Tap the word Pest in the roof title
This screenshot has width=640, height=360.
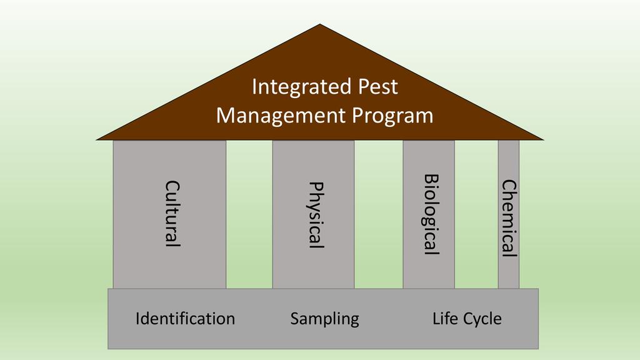[x=378, y=86]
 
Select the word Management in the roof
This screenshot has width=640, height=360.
[x=281, y=116]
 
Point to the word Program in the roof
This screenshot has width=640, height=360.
[x=392, y=116]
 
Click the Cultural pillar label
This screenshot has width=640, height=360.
[x=172, y=214]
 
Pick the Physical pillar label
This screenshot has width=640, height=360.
[x=316, y=215]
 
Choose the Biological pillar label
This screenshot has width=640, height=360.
[x=431, y=215]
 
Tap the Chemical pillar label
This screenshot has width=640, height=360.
[x=509, y=218]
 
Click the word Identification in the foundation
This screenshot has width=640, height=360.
[x=185, y=319]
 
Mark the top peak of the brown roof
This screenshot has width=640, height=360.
[x=320, y=24]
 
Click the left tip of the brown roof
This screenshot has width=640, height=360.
[x=96, y=140]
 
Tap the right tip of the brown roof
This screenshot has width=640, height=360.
[x=544, y=140]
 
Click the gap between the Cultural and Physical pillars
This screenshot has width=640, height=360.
[x=249, y=214]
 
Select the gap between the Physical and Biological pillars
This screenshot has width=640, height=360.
[x=379, y=214]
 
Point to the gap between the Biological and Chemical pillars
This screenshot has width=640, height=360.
[x=476, y=214]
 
